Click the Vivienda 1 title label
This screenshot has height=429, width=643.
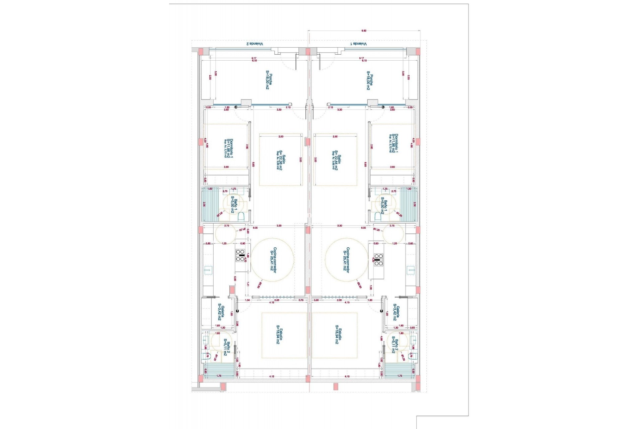click(359, 44)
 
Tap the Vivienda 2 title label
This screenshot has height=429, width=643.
click(255, 44)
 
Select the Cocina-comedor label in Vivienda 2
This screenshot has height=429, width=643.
click(273, 260)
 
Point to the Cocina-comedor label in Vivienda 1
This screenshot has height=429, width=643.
click(346, 260)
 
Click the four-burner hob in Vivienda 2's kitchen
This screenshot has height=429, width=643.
click(240, 255)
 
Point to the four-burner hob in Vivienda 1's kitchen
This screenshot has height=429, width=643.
click(378, 260)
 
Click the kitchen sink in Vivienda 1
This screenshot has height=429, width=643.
click(411, 270)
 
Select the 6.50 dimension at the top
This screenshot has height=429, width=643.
click(364, 31)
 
